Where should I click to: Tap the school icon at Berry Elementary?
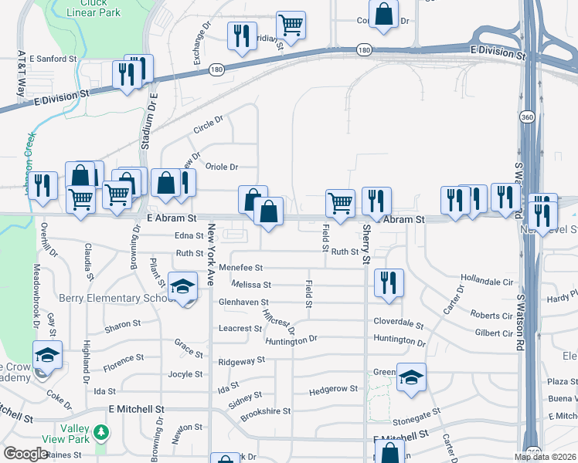[182, 288]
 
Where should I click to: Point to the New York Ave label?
[210, 255]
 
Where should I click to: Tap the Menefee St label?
[242, 268]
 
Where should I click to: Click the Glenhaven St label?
[243, 302]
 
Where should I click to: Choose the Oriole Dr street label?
[222, 167]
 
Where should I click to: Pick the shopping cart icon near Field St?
[339, 202]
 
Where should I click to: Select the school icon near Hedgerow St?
[411, 377]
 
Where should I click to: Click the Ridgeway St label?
[242, 360]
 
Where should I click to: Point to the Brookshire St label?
[265, 412]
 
